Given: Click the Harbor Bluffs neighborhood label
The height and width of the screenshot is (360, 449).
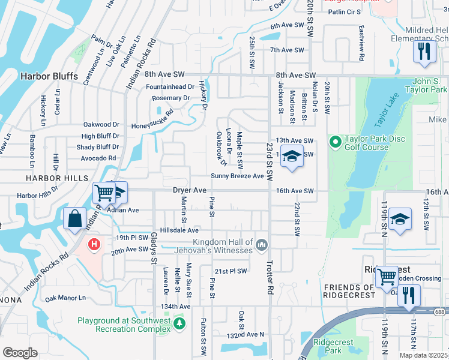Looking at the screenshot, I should (x=46, y=76).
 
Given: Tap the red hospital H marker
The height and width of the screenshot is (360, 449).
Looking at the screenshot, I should (x=94, y=244).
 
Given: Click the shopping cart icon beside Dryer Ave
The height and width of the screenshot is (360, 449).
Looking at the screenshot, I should (x=104, y=193).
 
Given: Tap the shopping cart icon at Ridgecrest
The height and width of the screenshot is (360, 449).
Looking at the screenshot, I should (x=387, y=277).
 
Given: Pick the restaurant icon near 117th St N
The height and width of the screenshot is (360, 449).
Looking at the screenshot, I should (x=410, y=295).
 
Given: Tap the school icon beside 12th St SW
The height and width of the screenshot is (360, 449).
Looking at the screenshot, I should (x=400, y=219).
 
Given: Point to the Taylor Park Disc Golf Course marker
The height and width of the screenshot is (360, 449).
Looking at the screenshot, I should (x=335, y=143).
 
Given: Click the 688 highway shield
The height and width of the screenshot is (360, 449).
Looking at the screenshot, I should (x=440, y=310).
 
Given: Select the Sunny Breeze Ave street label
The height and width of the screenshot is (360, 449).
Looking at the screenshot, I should (x=237, y=176).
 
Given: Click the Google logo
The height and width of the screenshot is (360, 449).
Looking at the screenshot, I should (x=20, y=353).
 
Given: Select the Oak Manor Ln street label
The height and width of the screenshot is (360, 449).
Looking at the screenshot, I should (x=65, y=298).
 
